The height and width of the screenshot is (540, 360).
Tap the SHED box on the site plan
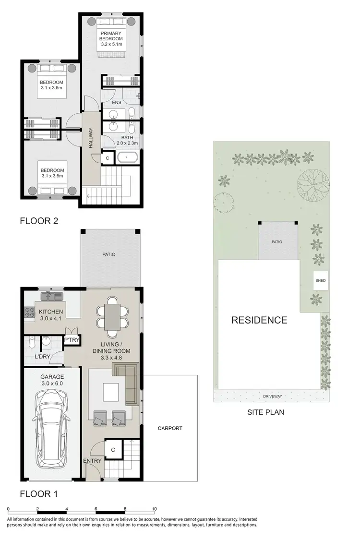(320, 281)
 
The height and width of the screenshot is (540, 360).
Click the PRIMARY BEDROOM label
(111, 38)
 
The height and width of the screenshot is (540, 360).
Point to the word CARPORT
(170, 428)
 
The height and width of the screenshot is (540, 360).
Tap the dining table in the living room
(113, 317)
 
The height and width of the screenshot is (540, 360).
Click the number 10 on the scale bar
(154, 509)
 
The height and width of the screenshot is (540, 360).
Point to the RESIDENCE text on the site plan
(259, 320)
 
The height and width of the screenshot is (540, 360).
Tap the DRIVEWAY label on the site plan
(273, 396)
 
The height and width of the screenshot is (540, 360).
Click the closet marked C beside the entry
(113, 450)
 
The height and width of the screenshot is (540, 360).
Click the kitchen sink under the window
(51, 295)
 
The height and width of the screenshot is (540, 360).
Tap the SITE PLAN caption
(265, 412)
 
